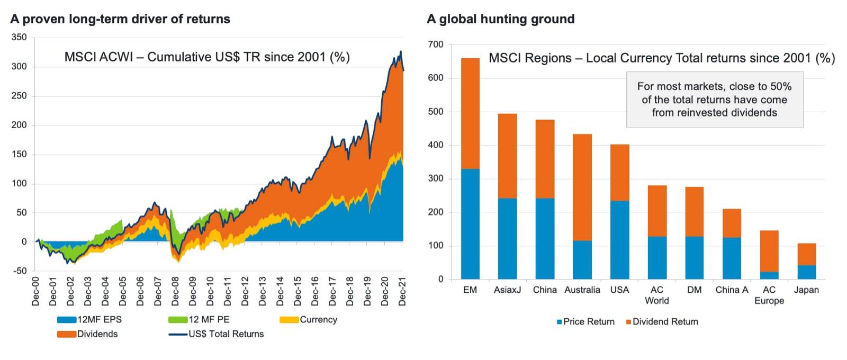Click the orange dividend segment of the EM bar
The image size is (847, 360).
pyautogui.click(x=470, y=113)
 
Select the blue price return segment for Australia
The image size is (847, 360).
pyautogui.click(x=582, y=260)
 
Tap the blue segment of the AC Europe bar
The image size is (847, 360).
pyautogui.click(x=769, y=275)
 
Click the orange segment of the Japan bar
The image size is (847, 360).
pyautogui.click(x=806, y=254)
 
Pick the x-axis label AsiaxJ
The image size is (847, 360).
pyautogui.click(x=507, y=290)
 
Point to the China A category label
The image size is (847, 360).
pyautogui.click(x=732, y=290)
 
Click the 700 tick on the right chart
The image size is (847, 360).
pyautogui.click(x=436, y=44)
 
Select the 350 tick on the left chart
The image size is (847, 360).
pyautogui.click(x=19, y=37)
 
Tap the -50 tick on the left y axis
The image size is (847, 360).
pyautogui.click(x=19, y=271)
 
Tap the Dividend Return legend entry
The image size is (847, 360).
pyautogui.click(x=665, y=322)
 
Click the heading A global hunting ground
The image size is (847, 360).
pyautogui.click(x=500, y=19)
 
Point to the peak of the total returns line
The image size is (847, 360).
pyautogui.click(x=401, y=51)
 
